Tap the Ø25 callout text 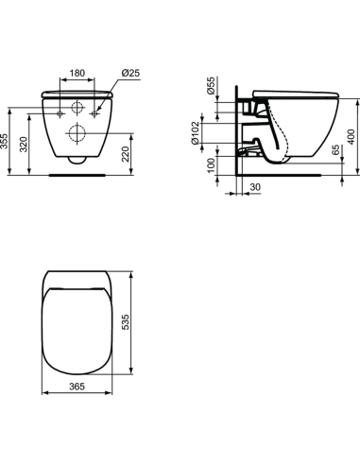click(130, 72)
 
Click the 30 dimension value click(254, 189)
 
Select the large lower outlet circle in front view click(78, 133)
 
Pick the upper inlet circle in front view click(78, 107)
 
